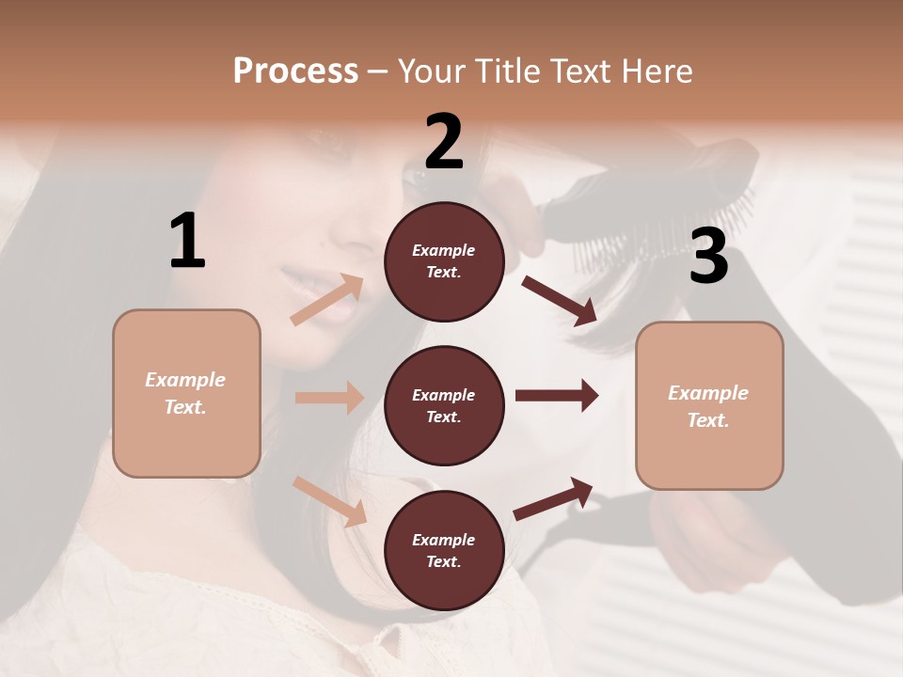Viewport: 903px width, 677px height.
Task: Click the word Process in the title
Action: (295, 71)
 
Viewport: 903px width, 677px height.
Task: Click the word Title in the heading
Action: (507, 71)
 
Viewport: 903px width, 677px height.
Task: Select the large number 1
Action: (188, 242)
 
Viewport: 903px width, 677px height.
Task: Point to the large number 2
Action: (444, 142)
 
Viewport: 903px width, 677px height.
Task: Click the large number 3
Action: (708, 257)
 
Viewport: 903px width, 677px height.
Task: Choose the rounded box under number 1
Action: (186, 393)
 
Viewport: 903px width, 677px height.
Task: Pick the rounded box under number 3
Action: (709, 405)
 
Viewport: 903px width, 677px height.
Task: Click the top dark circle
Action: (444, 261)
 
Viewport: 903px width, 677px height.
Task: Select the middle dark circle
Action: (444, 405)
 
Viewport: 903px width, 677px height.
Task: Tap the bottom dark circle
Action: (444, 550)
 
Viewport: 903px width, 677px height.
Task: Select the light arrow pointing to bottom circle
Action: (329, 501)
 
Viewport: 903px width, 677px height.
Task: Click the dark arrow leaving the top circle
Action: (559, 301)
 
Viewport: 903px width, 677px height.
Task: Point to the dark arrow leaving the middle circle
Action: (557, 396)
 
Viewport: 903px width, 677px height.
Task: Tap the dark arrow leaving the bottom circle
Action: (553, 498)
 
